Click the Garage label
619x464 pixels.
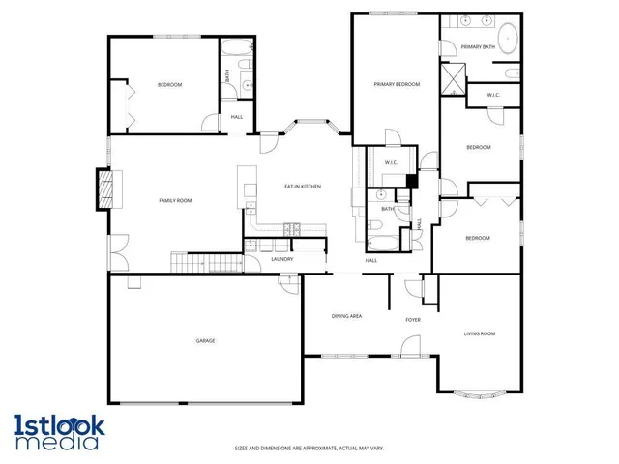tap(205, 341)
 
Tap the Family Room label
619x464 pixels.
tap(176, 200)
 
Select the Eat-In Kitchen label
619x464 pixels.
tap(302, 186)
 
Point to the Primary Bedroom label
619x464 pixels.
tap(397, 85)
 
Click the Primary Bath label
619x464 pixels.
tap(478, 46)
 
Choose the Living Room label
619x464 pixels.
tap(479, 333)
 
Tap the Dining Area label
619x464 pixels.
tap(346, 316)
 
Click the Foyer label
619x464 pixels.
tap(413, 319)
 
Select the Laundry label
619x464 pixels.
tap(282, 259)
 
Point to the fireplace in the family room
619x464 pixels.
tap(103, 188)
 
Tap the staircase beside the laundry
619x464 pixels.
tap(205, 262)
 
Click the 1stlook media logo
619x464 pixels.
tap(55, 431)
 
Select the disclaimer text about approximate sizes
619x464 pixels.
tap(309, 448)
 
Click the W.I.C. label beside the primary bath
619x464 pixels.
tap(492, 95)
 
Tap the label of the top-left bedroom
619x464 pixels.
tap(169, 85)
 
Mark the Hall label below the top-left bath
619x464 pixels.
tap(237, 118)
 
